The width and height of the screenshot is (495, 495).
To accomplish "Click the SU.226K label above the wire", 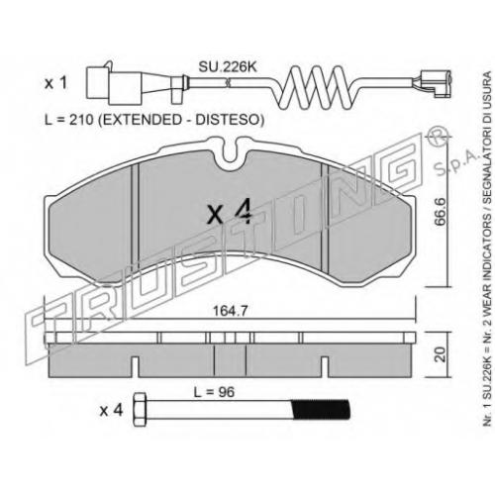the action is pyautogui.click(x=228, y=67).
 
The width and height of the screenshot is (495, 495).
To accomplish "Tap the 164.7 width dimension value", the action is pyautogui.click(x=230, y=311).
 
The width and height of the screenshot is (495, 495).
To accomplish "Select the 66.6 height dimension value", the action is pyautogui.click(x=441, y=212).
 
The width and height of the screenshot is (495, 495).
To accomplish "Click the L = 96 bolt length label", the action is pyautogui.click(x=214, y=392).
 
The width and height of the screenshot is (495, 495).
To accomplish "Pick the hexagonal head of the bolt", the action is pyautogui.click(x=140, y=410).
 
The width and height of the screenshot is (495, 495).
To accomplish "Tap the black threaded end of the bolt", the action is pyautogui.click(x=320, y=410).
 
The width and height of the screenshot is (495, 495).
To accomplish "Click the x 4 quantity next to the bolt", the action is pyautogui.click(x=112, y=411).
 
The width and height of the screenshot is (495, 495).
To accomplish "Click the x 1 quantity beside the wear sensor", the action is pyautogui.click(x=55, y=83).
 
